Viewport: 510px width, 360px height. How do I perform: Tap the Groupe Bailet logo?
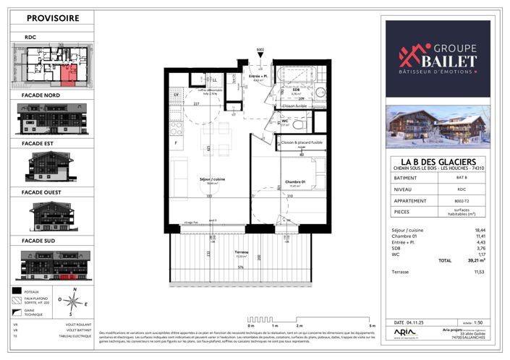click(437, 58)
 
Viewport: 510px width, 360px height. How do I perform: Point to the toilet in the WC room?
click(297, 124)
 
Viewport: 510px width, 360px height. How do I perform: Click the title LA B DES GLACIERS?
click(437, 160)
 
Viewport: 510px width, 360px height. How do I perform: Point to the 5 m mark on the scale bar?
click(372, 327)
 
